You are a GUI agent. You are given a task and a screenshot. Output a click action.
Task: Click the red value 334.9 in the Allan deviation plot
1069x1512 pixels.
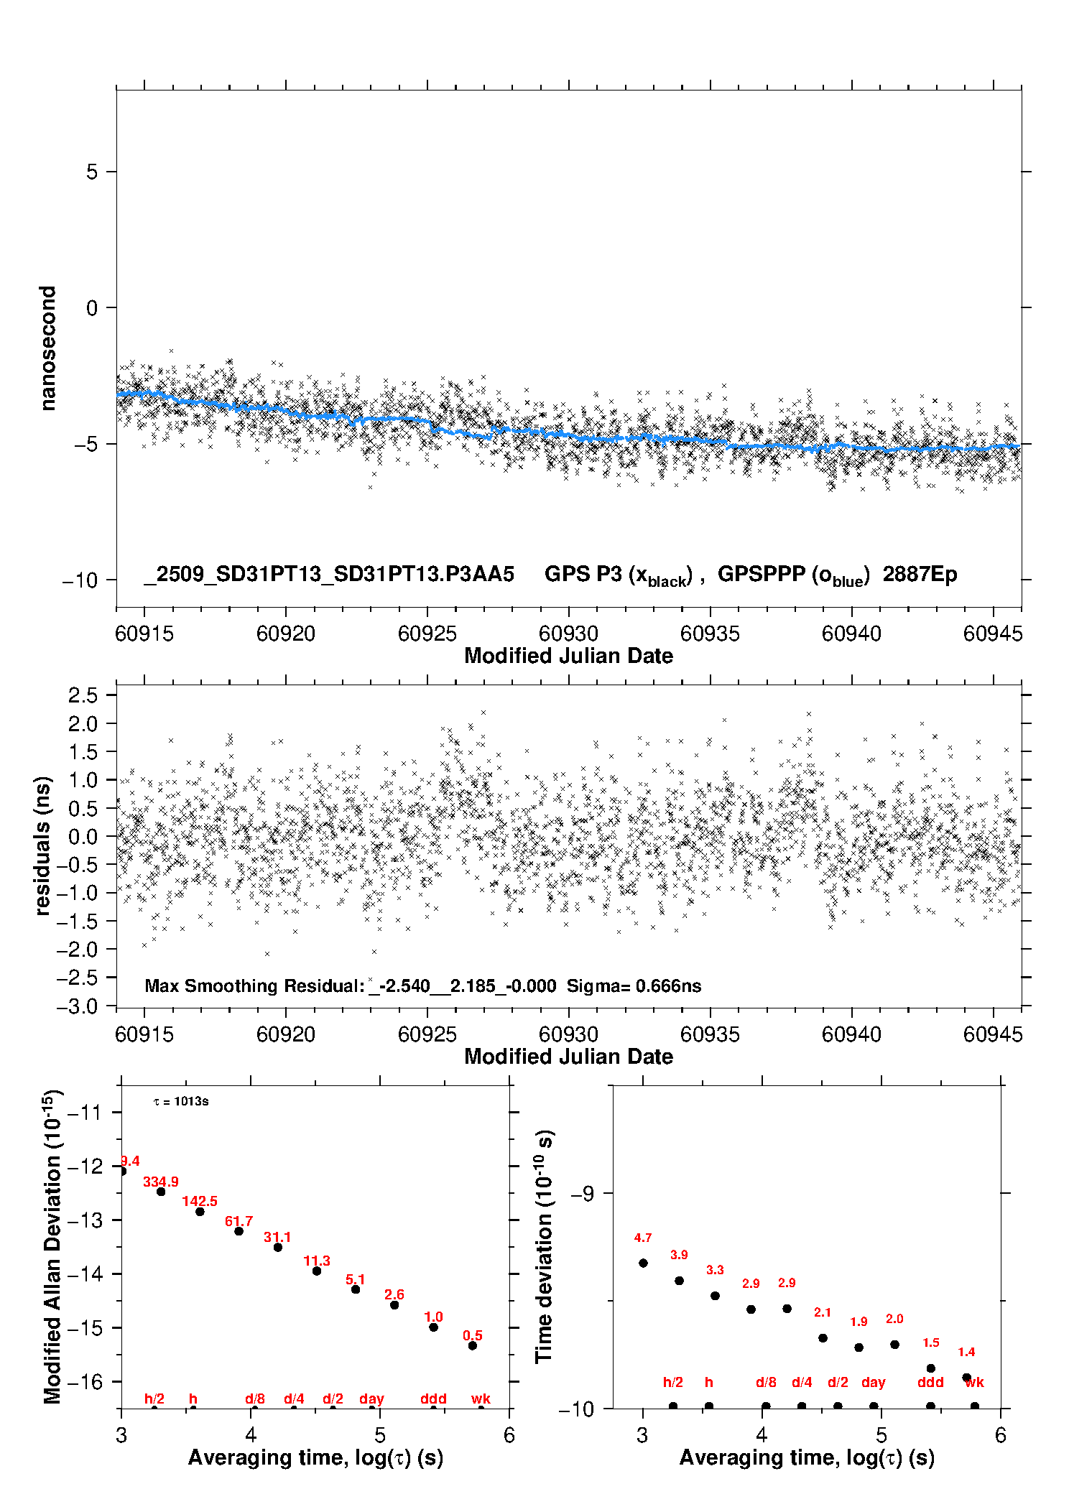[x=160, y=1182]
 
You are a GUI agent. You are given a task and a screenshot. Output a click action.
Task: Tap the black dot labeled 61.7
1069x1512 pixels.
[x=239, y=1231]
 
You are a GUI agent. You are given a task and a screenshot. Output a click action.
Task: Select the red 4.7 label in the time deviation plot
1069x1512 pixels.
[x=643, y=1238]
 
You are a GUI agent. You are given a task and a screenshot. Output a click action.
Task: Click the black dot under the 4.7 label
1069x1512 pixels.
[x=643, y=1263]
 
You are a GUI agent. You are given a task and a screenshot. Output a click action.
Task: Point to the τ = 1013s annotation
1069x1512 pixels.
[x=181, y=1101]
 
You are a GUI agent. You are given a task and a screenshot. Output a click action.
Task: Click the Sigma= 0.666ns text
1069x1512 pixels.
[x=634, y=985]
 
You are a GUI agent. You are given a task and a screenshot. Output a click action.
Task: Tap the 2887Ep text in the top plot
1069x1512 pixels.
[x=920, y=574]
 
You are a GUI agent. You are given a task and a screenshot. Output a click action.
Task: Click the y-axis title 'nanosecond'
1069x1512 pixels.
[x=47, y=348]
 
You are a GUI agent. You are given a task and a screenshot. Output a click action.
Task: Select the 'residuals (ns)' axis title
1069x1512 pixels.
[x=43, y=845]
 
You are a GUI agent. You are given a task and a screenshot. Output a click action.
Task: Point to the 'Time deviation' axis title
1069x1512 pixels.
[x=544, y=1246]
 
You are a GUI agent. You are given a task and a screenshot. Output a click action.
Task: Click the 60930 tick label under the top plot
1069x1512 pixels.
[x=568, y=634]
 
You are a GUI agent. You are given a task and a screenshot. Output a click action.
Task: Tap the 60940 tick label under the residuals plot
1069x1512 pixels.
[x=851, y=1034]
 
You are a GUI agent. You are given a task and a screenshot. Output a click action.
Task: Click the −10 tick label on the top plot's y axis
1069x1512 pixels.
[x=80, y=580]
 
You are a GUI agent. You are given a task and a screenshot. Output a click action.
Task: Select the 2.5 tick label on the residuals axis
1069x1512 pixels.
[x=83, y=695]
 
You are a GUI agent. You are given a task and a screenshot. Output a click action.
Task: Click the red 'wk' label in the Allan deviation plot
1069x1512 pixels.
[x=481, y=1399]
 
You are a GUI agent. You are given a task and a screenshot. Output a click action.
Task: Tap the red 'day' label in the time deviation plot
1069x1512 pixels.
[x=873, y=1382]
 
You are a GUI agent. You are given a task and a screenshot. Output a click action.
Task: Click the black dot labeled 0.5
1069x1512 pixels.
[x=473, y=1345]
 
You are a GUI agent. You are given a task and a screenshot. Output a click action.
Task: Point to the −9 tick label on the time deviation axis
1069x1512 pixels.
[x=583, y=1193]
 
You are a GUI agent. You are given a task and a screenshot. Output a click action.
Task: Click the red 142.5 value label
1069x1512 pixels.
[x=200, y=1201]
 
